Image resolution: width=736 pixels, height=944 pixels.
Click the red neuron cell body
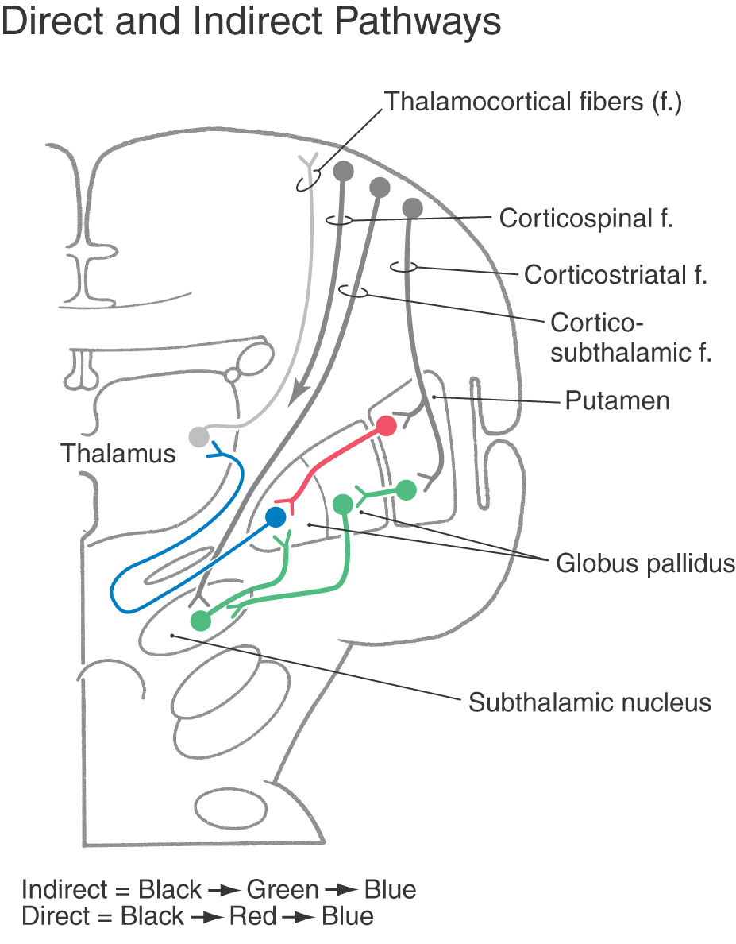(386, 426)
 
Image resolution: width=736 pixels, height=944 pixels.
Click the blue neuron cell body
(276, 516)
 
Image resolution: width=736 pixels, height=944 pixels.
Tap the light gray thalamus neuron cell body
(198, 436)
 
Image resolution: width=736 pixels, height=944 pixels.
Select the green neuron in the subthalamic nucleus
(201, 620)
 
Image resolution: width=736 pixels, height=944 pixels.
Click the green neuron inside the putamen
(407, 490)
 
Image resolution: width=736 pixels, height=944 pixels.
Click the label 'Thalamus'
(118, 454)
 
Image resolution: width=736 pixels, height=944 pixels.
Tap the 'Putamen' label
(618, 401)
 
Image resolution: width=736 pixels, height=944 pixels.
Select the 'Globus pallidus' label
(645, 563)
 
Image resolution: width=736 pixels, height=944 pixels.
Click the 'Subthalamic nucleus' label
(590, 702)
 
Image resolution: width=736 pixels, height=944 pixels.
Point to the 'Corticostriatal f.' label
(615, 274)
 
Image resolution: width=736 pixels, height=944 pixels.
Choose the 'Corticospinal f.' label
(586, 219)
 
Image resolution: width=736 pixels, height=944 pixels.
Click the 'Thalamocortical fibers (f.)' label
(534, 102)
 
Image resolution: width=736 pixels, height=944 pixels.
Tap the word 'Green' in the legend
(283, 889)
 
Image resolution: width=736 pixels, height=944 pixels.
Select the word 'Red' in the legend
(252, 915)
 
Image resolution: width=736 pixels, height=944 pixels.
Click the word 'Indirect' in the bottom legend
(64, 889)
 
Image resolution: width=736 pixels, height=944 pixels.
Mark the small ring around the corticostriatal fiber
(404, 266)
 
